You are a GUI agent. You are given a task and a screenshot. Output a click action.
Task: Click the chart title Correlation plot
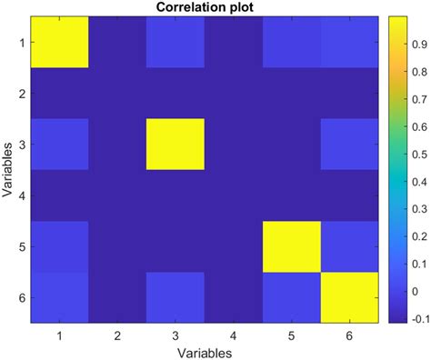pyautogui.click(x=205, y=8)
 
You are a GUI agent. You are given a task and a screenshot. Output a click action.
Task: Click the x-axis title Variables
pyautogui.click(x=205, y=351)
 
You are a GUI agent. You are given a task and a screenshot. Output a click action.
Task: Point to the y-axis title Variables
pyautogui.click(x=8, y=170)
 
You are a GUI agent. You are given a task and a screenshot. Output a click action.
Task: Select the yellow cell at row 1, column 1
pyautogui.click(x=60, y=43)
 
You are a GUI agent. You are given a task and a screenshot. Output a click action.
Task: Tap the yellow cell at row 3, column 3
pyautogui.click(x=176, y=145)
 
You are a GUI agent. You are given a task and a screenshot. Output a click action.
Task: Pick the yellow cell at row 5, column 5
pyautogui.click(x=293, y=246)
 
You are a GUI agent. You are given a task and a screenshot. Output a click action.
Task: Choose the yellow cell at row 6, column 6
pyautogui.click(x=351, y=297)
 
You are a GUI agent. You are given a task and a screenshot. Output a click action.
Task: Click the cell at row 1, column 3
pyautogui.click(x=176, y=43)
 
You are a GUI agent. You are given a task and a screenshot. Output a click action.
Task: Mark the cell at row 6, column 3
pyautogui.click(x=176, y=297)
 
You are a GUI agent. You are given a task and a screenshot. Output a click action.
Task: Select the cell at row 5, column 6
pyautogui.click(x=351, y=246)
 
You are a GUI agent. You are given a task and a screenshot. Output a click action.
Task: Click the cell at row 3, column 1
pyautogui.click(x=60, y=145)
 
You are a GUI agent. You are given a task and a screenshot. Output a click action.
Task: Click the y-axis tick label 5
pyautogui.click(x=21, y=246)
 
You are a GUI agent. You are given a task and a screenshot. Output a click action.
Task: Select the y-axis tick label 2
pyautogui.click(x=21, y=94)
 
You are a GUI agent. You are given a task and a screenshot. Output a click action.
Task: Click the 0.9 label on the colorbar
pyautogui.click(x=417, y=44)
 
